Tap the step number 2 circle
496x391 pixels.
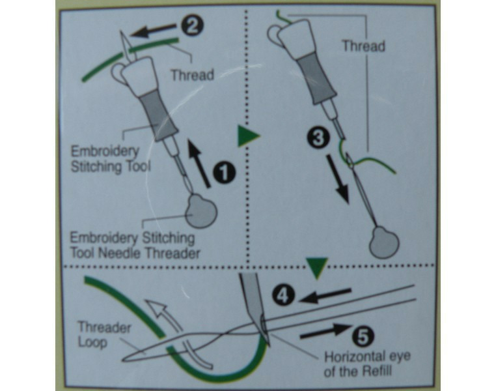point(195,25)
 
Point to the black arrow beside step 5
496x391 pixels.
point(324,330)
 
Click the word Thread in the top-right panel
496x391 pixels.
point(363,46)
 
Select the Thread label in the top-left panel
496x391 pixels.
point(192,75)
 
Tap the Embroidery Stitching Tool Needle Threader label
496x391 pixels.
point(135,244)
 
